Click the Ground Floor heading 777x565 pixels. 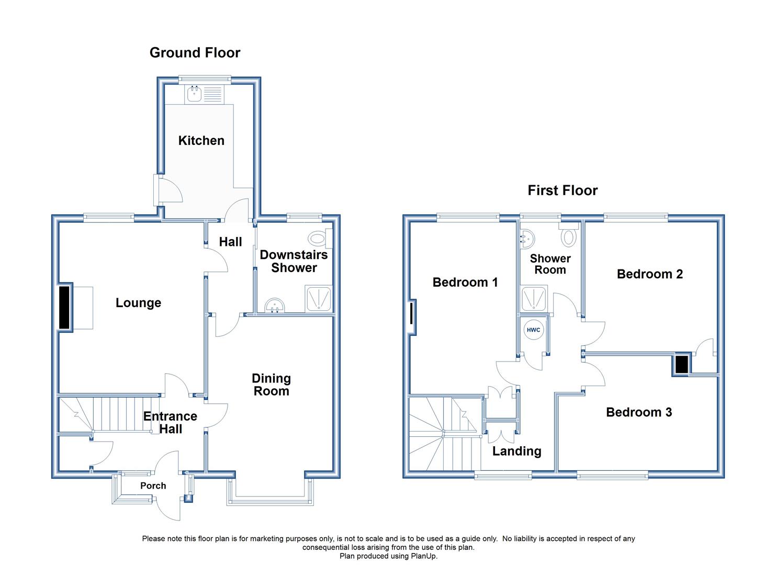(195, 53)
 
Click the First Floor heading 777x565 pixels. (562, 190)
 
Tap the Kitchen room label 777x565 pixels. (201, 141)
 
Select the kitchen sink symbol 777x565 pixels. (195, 94)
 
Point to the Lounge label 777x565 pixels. (139, 303)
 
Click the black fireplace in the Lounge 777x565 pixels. (64, 307)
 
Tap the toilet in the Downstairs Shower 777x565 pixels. (320, 238)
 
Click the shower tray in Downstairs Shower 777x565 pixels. (319, 299)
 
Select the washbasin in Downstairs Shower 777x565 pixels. (275, 306)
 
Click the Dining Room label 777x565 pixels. (271, 385)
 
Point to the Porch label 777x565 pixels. (153, 485)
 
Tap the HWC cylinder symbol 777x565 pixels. (534, 330)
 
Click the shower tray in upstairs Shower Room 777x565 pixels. (534, 298)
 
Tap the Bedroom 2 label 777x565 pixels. (650, 274)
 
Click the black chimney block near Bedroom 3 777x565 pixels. (681, 365)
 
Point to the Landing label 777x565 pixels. (517, 451)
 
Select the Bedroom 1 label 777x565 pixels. (465, 282)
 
